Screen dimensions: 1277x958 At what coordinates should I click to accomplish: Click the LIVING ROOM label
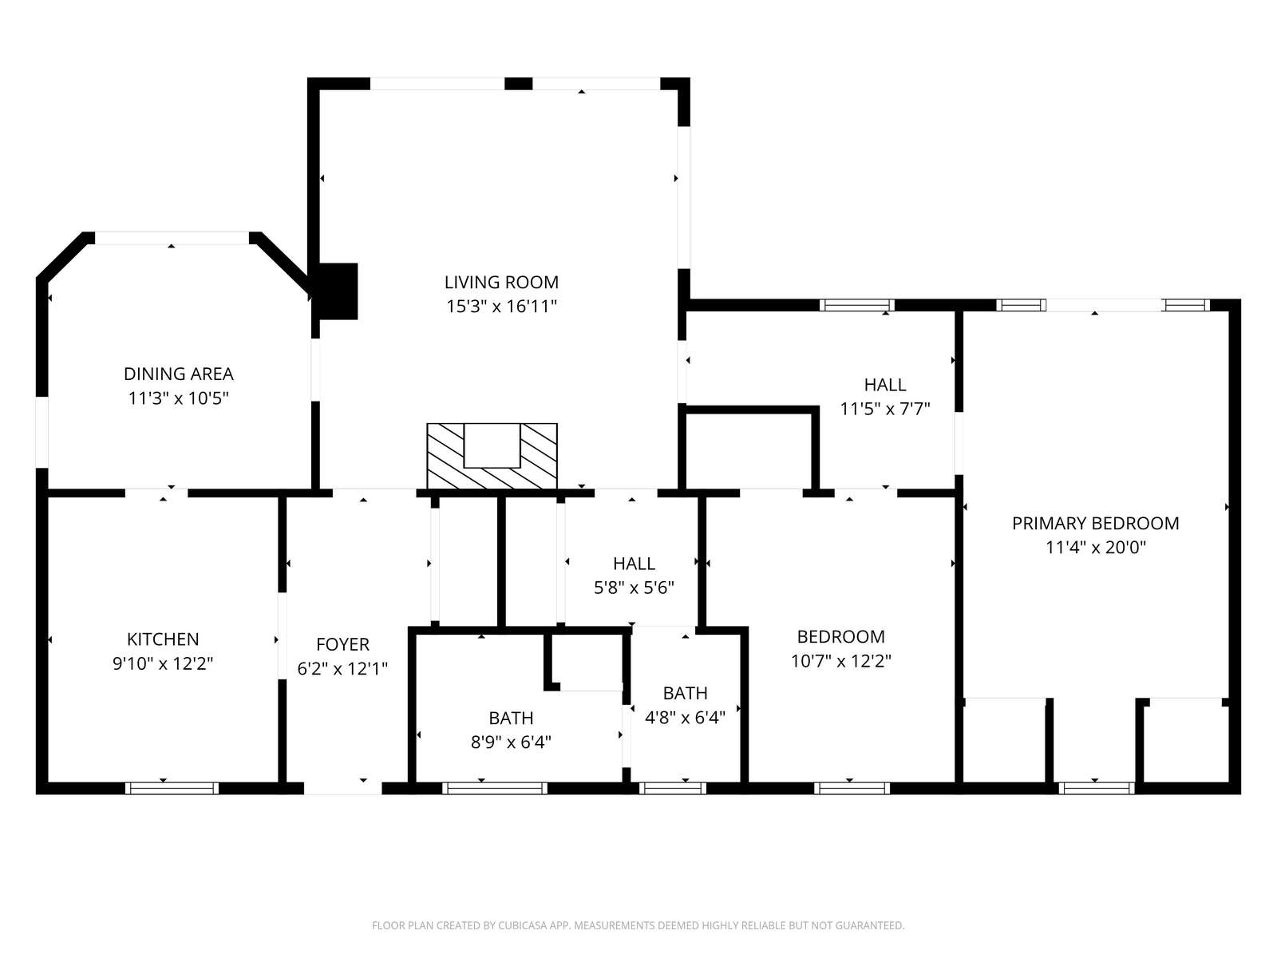[501, 282]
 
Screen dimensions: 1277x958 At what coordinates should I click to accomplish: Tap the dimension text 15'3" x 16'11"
[501, 306]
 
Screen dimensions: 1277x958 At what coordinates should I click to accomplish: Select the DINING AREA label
[179, 374]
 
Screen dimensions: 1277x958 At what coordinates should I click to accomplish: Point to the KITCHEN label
[163, 639]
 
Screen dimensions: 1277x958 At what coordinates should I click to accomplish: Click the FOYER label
[342, 644]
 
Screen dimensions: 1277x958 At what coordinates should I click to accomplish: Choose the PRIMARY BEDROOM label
[1096, 524]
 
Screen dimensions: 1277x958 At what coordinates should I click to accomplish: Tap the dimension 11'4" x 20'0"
[1096, 548]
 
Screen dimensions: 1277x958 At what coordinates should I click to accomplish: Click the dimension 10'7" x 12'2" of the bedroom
[840, 661]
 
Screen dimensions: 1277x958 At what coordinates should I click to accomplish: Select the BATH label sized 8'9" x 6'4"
[511, 718]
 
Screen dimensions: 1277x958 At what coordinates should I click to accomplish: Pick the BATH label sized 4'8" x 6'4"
[686, 693]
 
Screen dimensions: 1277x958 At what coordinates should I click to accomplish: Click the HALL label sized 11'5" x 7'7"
[885, 385]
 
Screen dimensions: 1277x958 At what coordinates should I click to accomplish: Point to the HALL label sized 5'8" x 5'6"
[635, 564]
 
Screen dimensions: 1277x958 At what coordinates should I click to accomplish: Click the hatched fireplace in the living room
[492, 456]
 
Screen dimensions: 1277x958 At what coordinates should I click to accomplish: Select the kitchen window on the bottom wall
[172, 788]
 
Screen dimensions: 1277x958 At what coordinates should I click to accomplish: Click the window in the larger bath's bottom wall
[495, 788]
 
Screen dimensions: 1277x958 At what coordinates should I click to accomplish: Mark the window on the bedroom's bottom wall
[852, 788]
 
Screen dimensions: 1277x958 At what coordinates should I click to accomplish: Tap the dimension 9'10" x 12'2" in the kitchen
[163, 663]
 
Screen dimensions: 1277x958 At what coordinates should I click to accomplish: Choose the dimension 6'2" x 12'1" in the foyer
[342, 669]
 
